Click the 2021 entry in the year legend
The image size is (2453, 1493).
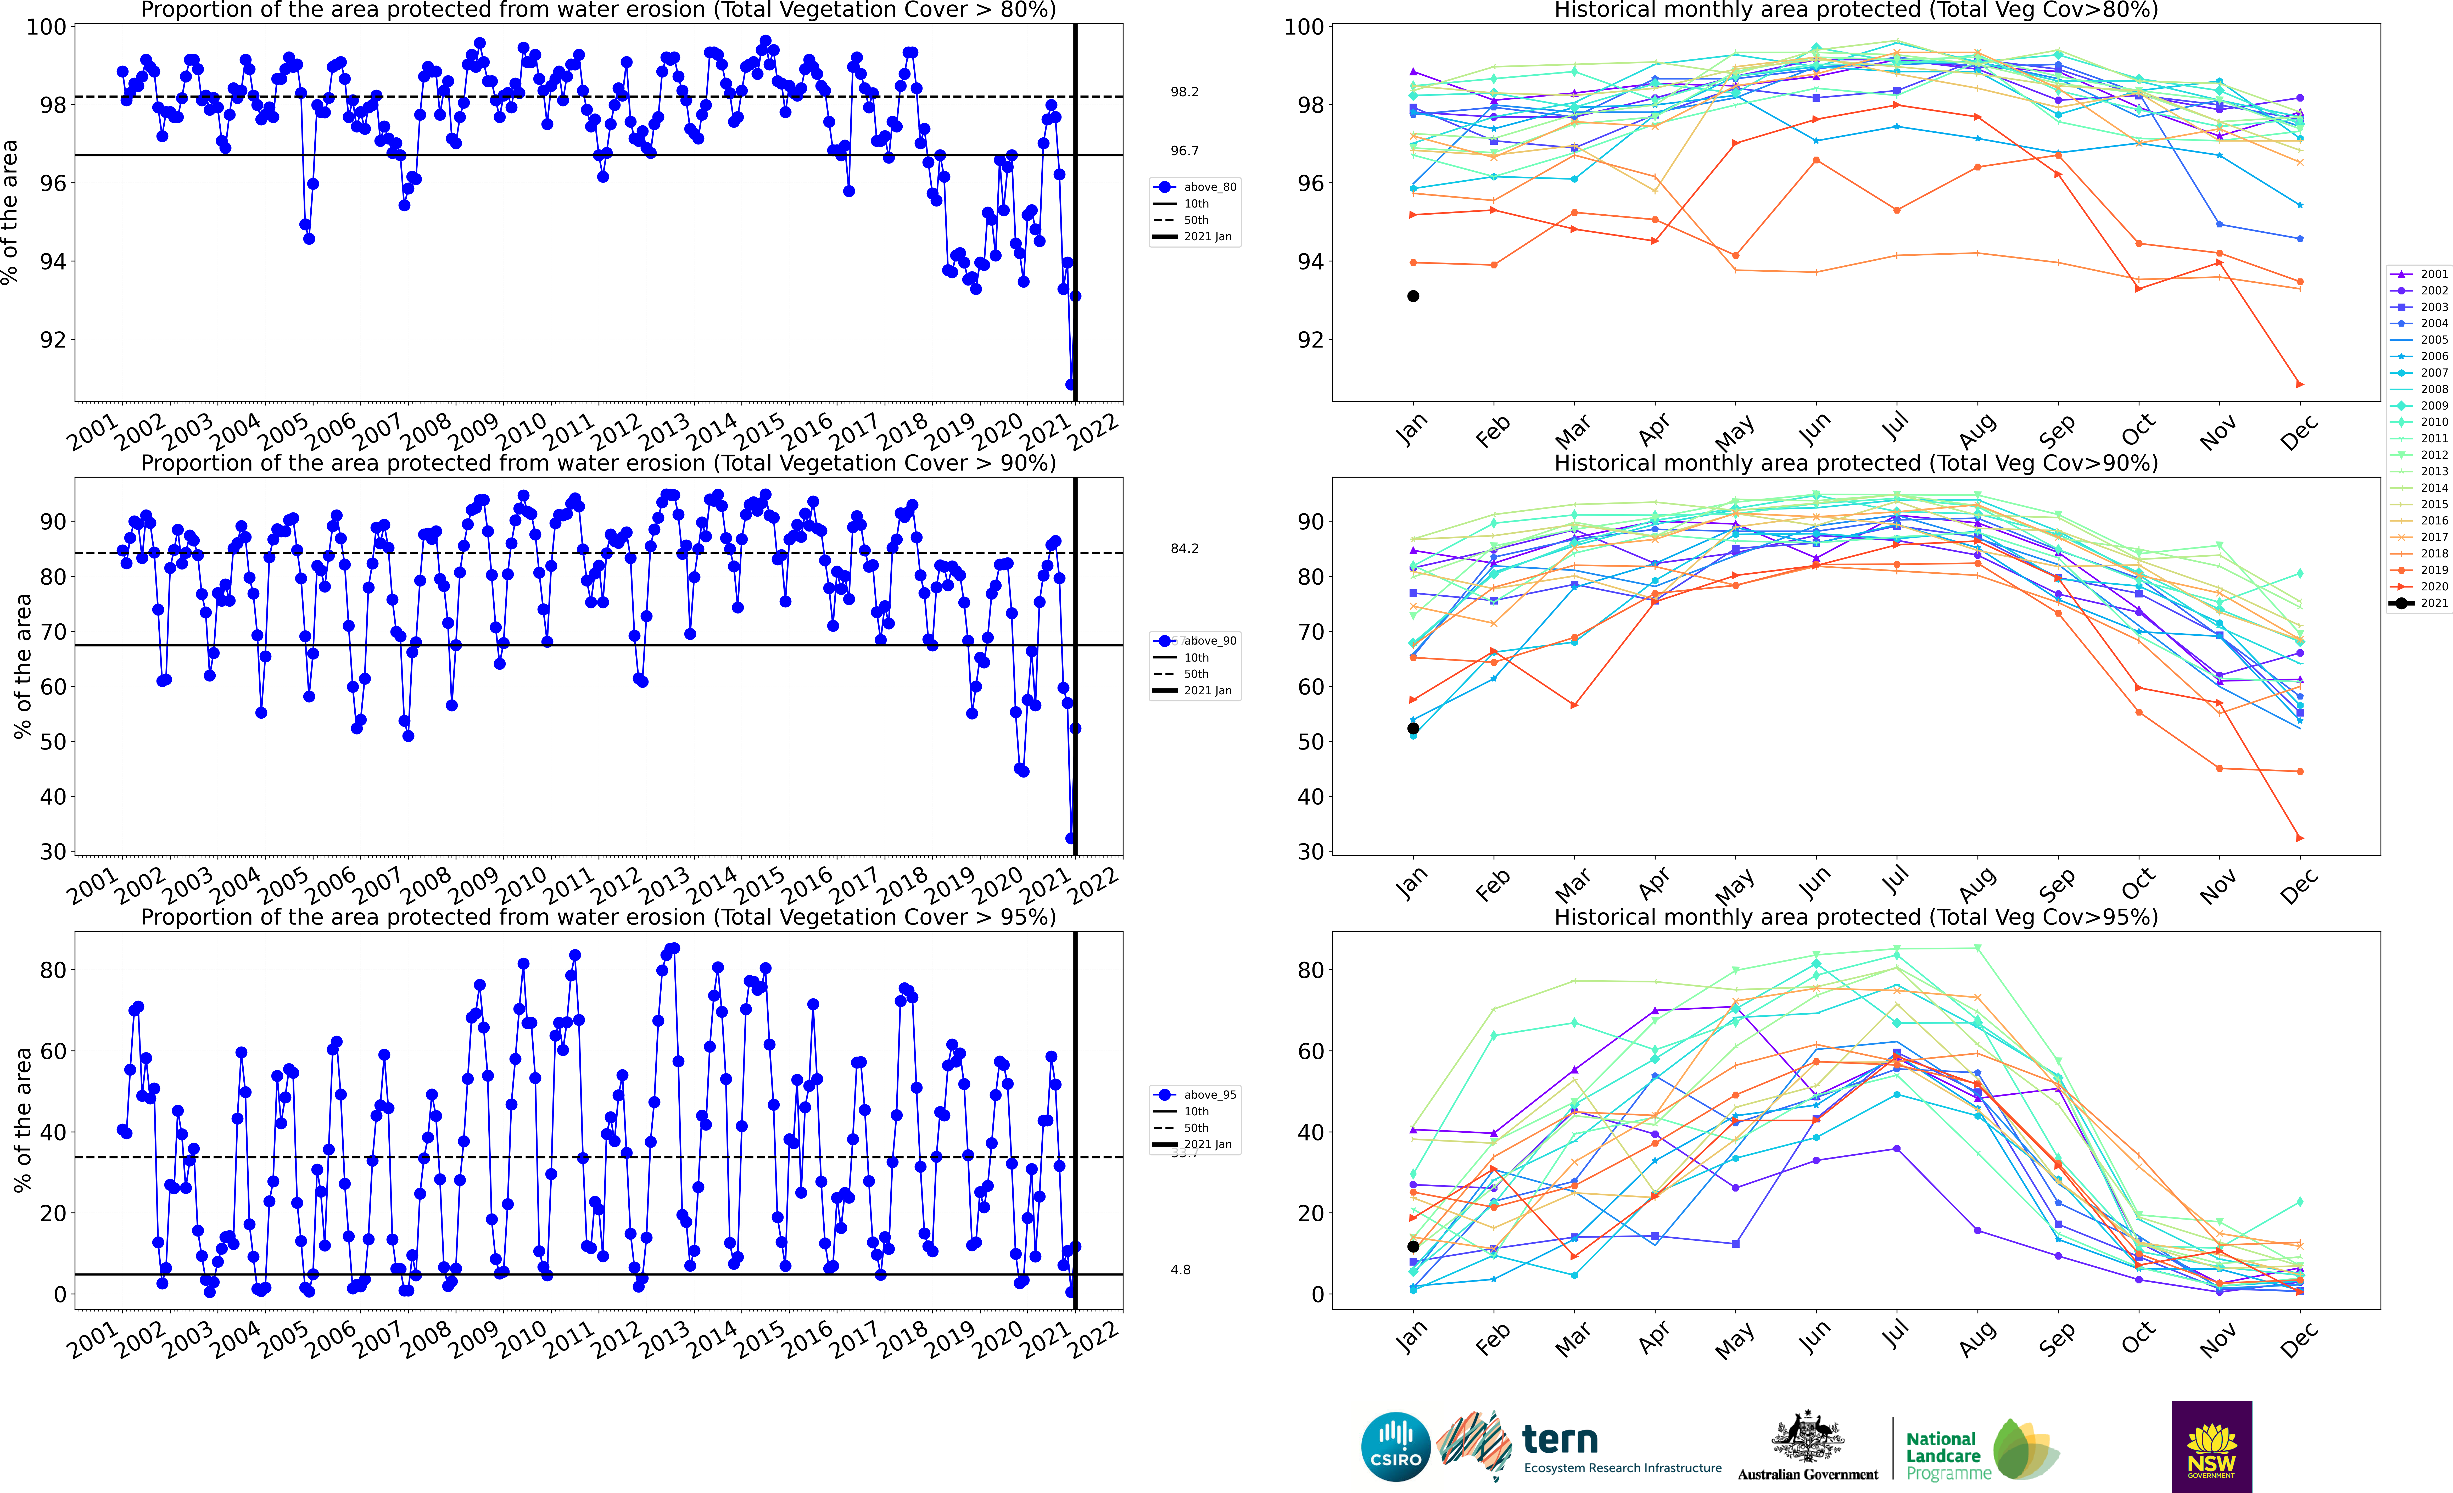click(x=2419, y=603)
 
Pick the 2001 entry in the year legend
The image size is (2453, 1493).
click(x=2419, y=274)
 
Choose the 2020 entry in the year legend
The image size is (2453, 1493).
click(x=2419, y=586)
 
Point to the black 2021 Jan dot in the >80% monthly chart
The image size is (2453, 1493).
click(x=1413, y=296)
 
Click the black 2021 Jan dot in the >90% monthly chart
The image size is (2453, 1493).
click(x=1413, y=729)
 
